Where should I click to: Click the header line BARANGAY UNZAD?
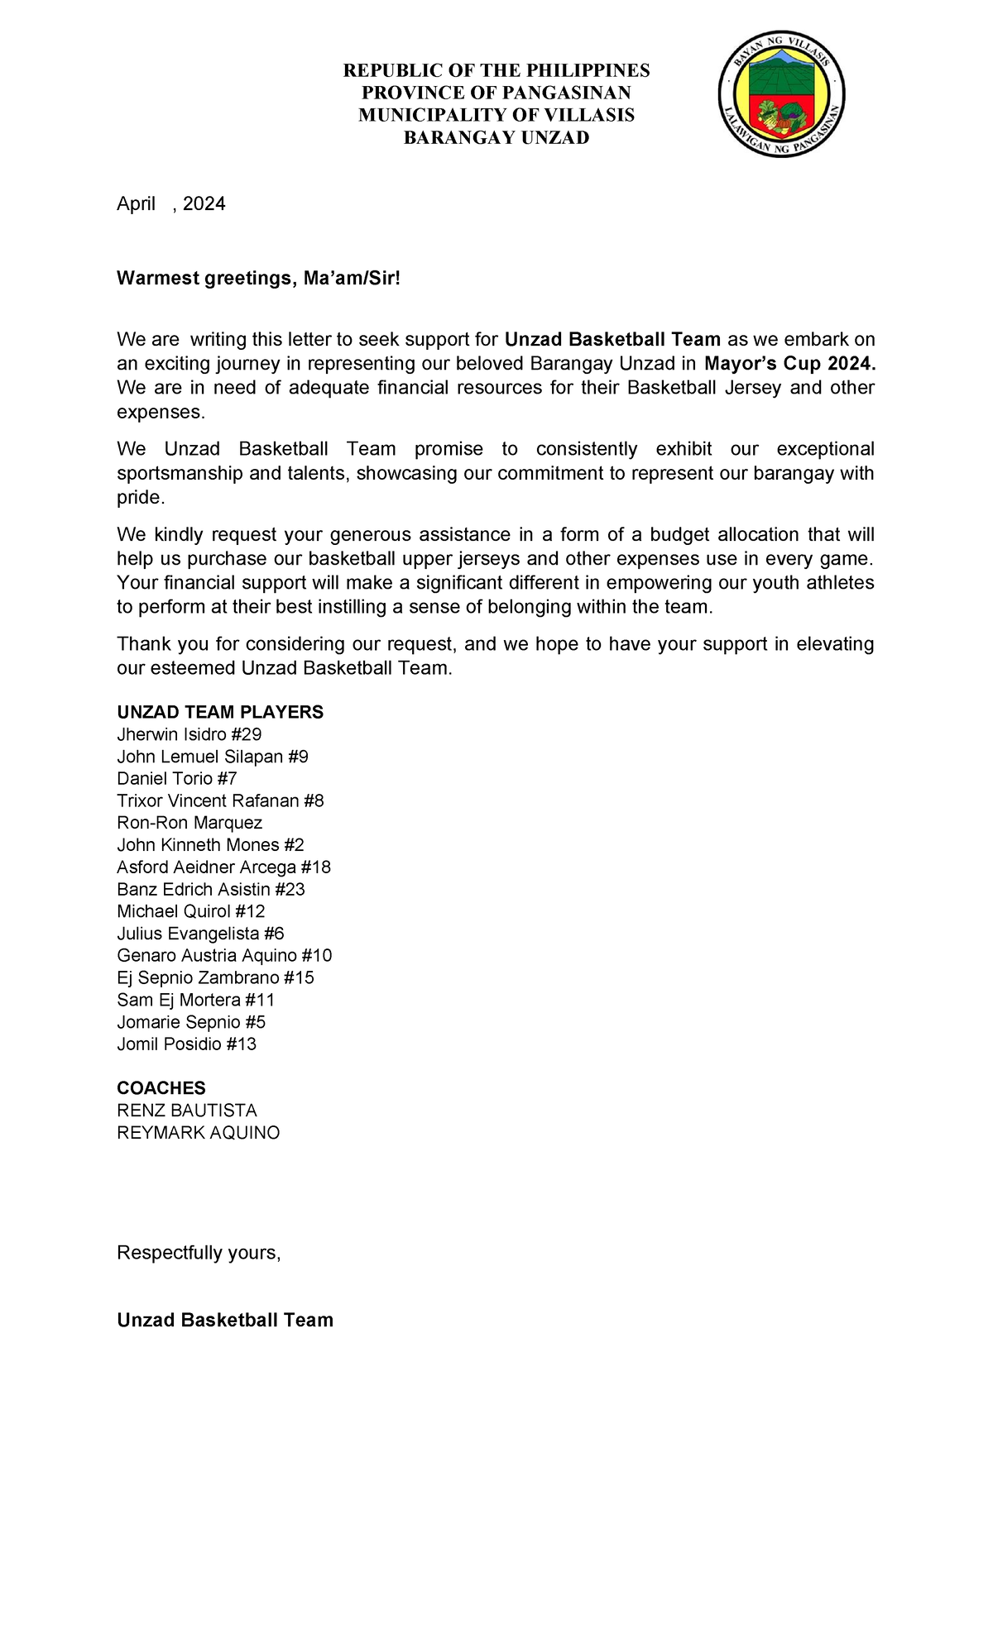click(496, 138)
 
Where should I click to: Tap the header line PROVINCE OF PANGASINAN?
click(496, 93)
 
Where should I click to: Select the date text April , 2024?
click(170, 204)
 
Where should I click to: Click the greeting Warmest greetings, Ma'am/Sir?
click(258, 279)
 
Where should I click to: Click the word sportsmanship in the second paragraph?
click(174, 474)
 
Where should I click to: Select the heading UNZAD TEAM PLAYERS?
click(220, 712)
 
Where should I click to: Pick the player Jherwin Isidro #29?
click(189, 734)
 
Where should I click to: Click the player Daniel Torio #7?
click(177, 778)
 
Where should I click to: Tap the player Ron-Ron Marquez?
click(189, 823)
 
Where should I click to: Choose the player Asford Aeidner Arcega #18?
click(223, 867)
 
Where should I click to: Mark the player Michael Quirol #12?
click(191, 911)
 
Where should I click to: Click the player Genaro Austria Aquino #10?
click(224, 955)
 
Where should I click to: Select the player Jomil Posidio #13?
click(186, 1044)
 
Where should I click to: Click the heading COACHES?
click(161, 1088)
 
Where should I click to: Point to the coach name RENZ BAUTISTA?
click(187, 1111)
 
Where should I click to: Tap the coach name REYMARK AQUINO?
click(199, 1133)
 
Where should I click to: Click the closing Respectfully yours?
click(199, 1253)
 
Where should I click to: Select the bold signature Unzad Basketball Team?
click(225, 1320)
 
